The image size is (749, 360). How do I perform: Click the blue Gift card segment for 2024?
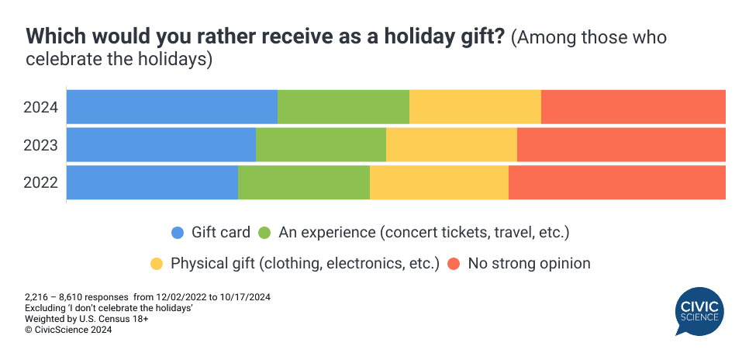pyautogui.click(x=172, y=107)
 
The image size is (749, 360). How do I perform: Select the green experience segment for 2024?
pyautogui.click(x=343, y=107)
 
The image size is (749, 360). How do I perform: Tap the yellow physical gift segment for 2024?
pyautogui.click(x=475, y=107)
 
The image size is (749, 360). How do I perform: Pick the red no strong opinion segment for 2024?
pyautogui.click(x=633, y=107)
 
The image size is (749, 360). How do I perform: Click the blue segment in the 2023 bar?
pyautogui.click(x=161, y=145)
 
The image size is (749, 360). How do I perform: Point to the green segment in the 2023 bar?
pyautogui.click(x=321, y=145)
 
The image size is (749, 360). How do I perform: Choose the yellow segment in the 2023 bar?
pyautogui.click(x=451, y=145)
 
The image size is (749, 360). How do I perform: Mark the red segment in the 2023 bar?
pyautogui.click(x=621, y=145)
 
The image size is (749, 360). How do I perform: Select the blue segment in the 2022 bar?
pyautogui.click(x=153, y=183)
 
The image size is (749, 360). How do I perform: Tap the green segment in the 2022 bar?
pyautogui.click(x=304, y=183)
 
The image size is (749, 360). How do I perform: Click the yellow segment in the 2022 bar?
pyautogui.click(x=439, y=183)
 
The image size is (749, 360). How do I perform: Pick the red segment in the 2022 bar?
pyautogui.click(x=617, y=183)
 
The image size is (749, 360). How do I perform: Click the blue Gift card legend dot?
pyautogui.click(x=178, y=233)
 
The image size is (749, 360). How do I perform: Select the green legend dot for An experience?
pyautogui.click(x=264, y=233)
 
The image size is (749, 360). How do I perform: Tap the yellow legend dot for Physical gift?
pyautogui.click(x=157, y=264)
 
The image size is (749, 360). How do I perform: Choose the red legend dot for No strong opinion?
pyautogui.click(x=454, y=264)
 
